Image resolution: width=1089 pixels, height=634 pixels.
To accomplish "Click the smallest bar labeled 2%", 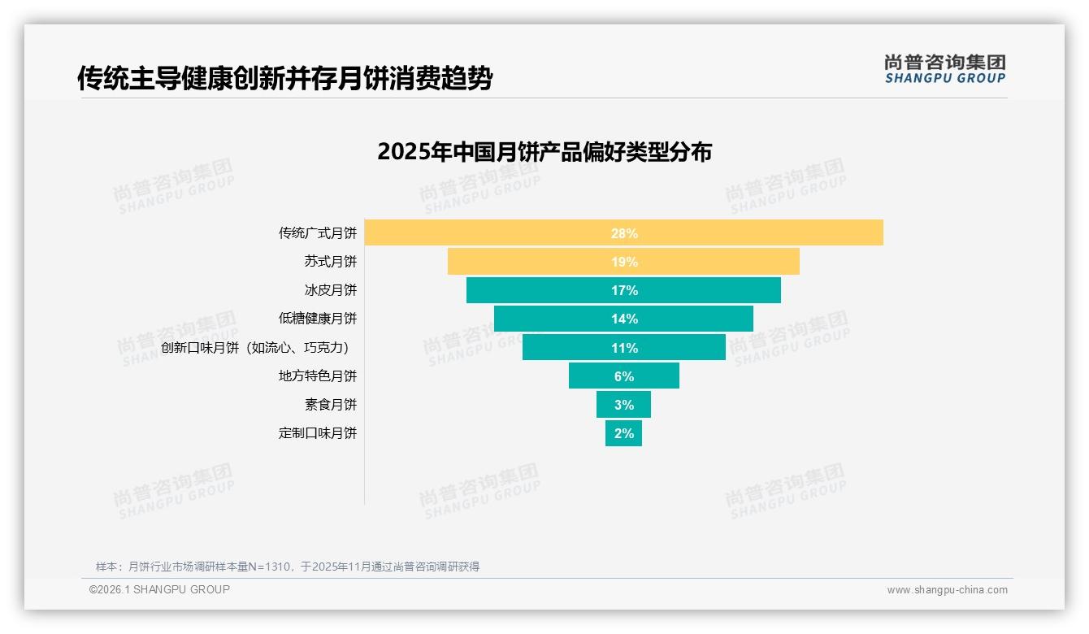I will point(623,433).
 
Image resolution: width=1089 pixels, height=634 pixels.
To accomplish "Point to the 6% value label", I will point(624,376).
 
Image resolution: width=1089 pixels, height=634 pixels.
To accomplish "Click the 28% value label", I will point(624,233).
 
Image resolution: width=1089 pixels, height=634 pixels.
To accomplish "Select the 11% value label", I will point(624,348).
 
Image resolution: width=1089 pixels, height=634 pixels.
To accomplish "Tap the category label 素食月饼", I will point(330,405).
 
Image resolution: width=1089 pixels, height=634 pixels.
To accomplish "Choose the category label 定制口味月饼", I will point(317,433).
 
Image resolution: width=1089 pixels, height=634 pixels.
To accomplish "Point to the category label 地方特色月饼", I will point(317,376).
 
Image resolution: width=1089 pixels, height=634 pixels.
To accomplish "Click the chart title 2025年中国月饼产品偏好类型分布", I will point(544,152).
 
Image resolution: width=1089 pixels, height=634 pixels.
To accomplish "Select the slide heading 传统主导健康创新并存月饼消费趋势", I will point(284,79).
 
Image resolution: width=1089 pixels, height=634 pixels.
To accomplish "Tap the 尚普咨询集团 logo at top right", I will point(944,69).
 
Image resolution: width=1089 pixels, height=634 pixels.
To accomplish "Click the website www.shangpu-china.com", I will point(947,590).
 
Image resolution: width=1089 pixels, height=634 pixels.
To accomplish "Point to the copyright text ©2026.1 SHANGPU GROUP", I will point(159,589).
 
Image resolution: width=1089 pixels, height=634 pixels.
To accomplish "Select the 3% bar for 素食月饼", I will point(623,405).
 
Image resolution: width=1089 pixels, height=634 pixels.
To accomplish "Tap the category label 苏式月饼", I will point(330,262).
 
